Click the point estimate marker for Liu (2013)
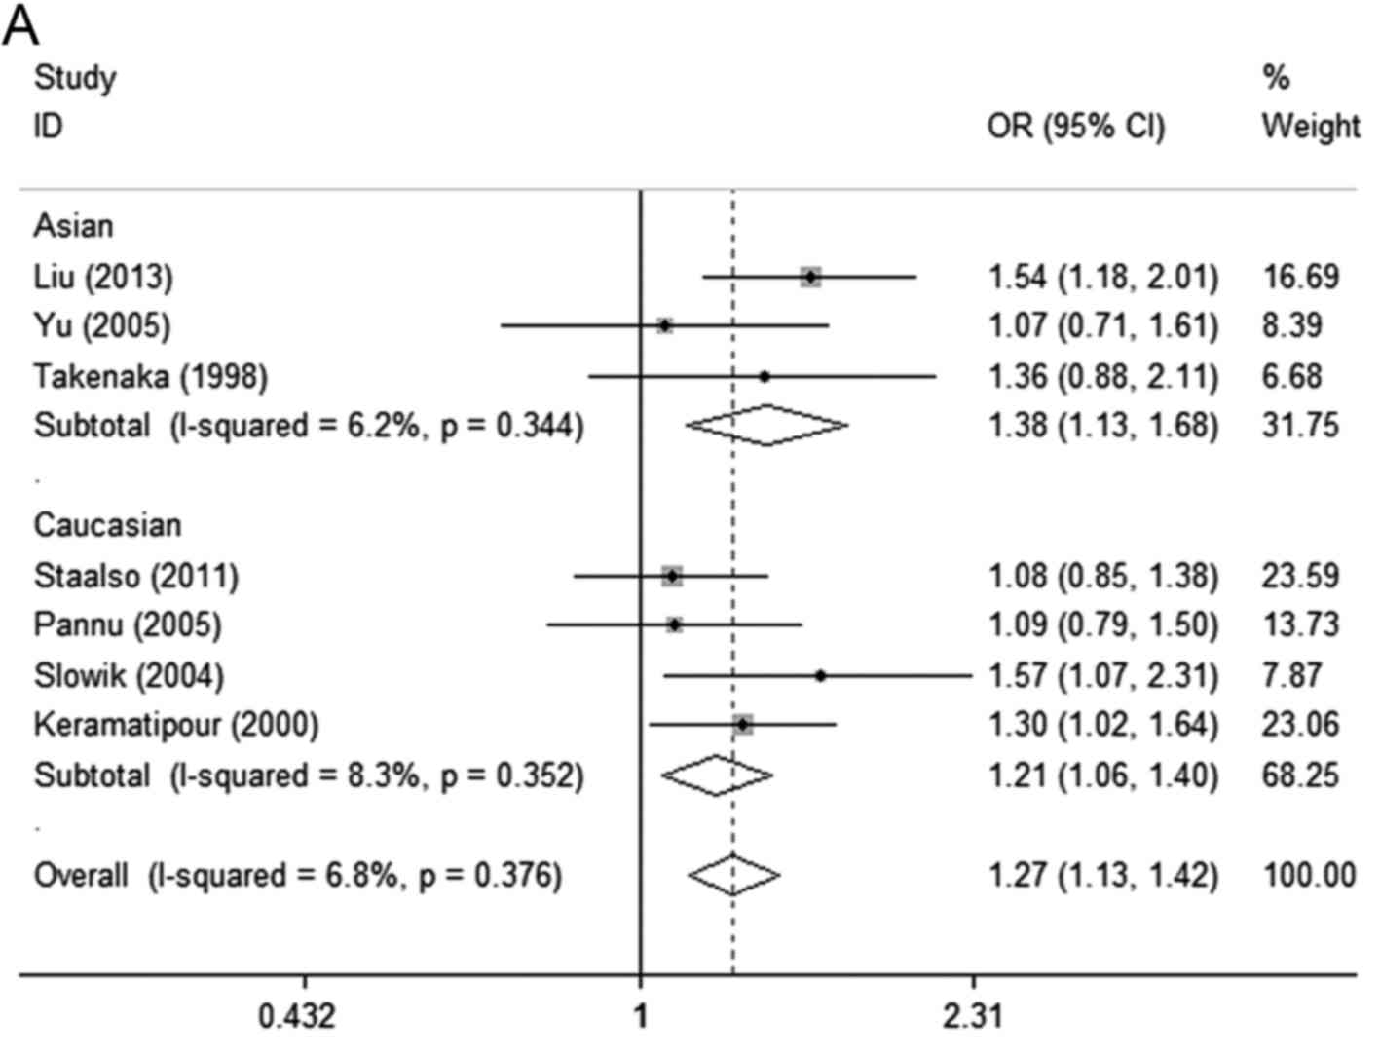click(x=810, y=278)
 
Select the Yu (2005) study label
click(x=102, y=325)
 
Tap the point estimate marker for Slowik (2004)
click(x=820, y=675)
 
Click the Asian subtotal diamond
click(x=767, y=425)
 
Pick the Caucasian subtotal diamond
click(x=717, y=775)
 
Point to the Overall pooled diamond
click(x=733, y=875)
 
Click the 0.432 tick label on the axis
click(x=297, y=1017)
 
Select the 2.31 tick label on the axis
click(x=973, y=1017)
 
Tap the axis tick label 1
click(x=641, y=1017)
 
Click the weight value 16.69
click(x=1301, y=278)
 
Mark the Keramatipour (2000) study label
click(x=176, y=725)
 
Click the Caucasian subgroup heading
click(x=107, y=525)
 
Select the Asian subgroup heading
click(x=74, y=226)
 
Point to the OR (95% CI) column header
click(x=1075, y=127)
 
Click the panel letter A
click(x=21, y=26)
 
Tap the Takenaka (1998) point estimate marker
click(x=765, y=376)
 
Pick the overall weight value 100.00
click(x=1309, y=875)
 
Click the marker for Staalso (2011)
click(x=672, y=576)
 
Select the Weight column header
click(x=1310, y=127)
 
